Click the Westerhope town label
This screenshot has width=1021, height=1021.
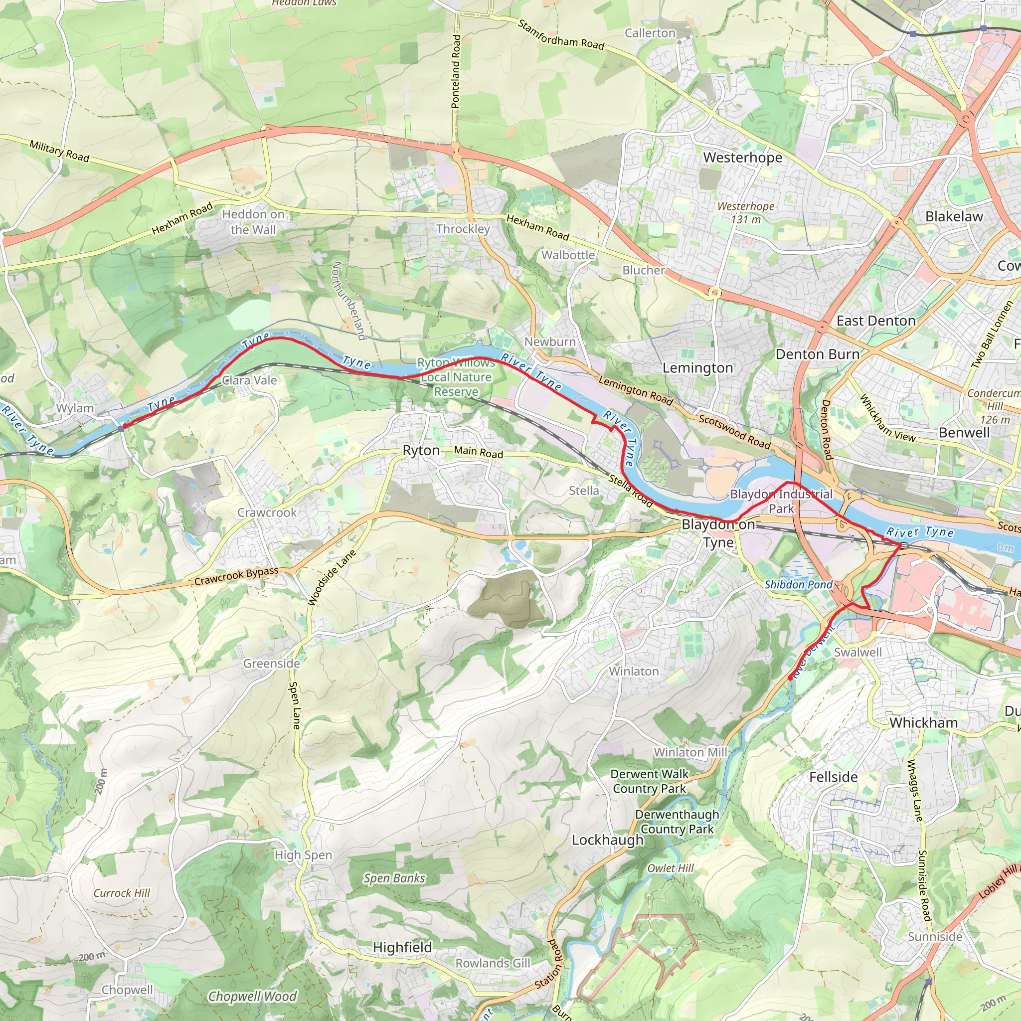(742, 158)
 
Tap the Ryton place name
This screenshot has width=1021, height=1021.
(421, 450)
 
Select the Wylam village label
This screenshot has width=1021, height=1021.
(75, 408)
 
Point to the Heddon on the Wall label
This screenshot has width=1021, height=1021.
(253, 222)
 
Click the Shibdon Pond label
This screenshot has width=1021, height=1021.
(798, 584)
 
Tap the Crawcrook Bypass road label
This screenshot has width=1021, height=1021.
(236, 577)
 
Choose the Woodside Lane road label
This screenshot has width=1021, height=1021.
(332, 578)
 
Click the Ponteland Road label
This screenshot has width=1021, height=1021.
(456, 71)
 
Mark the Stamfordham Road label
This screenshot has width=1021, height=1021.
(561, 35)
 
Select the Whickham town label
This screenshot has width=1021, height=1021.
(923, 722)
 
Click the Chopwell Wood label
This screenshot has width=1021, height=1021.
(252, 996)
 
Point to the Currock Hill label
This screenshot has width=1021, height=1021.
(122, 892)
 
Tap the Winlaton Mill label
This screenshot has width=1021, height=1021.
(690, 751)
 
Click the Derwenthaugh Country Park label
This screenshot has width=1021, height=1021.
(677, 821)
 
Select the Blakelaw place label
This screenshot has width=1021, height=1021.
(954, 216)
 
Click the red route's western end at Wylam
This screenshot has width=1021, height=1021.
(125, 425)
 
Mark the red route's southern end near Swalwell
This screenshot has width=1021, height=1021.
(790, 679)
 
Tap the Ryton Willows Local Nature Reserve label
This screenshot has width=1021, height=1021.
(456, 377)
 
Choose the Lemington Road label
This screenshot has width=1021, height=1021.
(635, 390)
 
